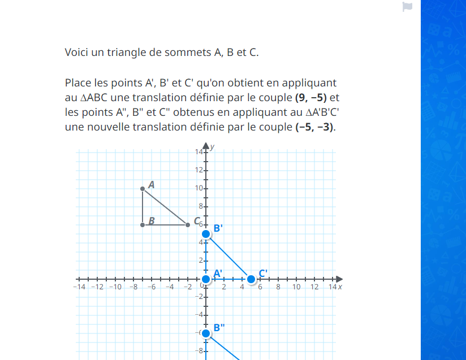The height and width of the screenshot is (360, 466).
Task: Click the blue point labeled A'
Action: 206,279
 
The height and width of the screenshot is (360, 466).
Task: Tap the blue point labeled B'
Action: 206,234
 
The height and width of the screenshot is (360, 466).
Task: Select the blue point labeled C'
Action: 251,279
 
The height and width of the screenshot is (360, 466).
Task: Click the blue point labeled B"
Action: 206,333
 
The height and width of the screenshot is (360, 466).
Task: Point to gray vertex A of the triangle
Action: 143,189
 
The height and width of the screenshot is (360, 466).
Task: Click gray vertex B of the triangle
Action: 143,225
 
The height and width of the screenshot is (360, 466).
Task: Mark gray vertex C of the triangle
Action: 188,225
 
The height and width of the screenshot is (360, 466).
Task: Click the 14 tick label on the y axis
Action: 199,152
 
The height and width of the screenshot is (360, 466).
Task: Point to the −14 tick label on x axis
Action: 79,287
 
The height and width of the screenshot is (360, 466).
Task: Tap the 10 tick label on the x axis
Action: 296,287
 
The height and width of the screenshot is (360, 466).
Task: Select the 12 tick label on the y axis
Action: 199,170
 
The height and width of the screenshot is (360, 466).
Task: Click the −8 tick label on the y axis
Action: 199,351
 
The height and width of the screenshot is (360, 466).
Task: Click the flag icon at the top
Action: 407,7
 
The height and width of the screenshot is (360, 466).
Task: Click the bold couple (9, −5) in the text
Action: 311,97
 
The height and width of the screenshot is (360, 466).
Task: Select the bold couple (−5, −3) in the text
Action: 315,127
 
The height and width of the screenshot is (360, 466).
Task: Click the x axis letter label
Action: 340,287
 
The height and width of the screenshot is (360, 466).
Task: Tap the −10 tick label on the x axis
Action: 115,287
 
